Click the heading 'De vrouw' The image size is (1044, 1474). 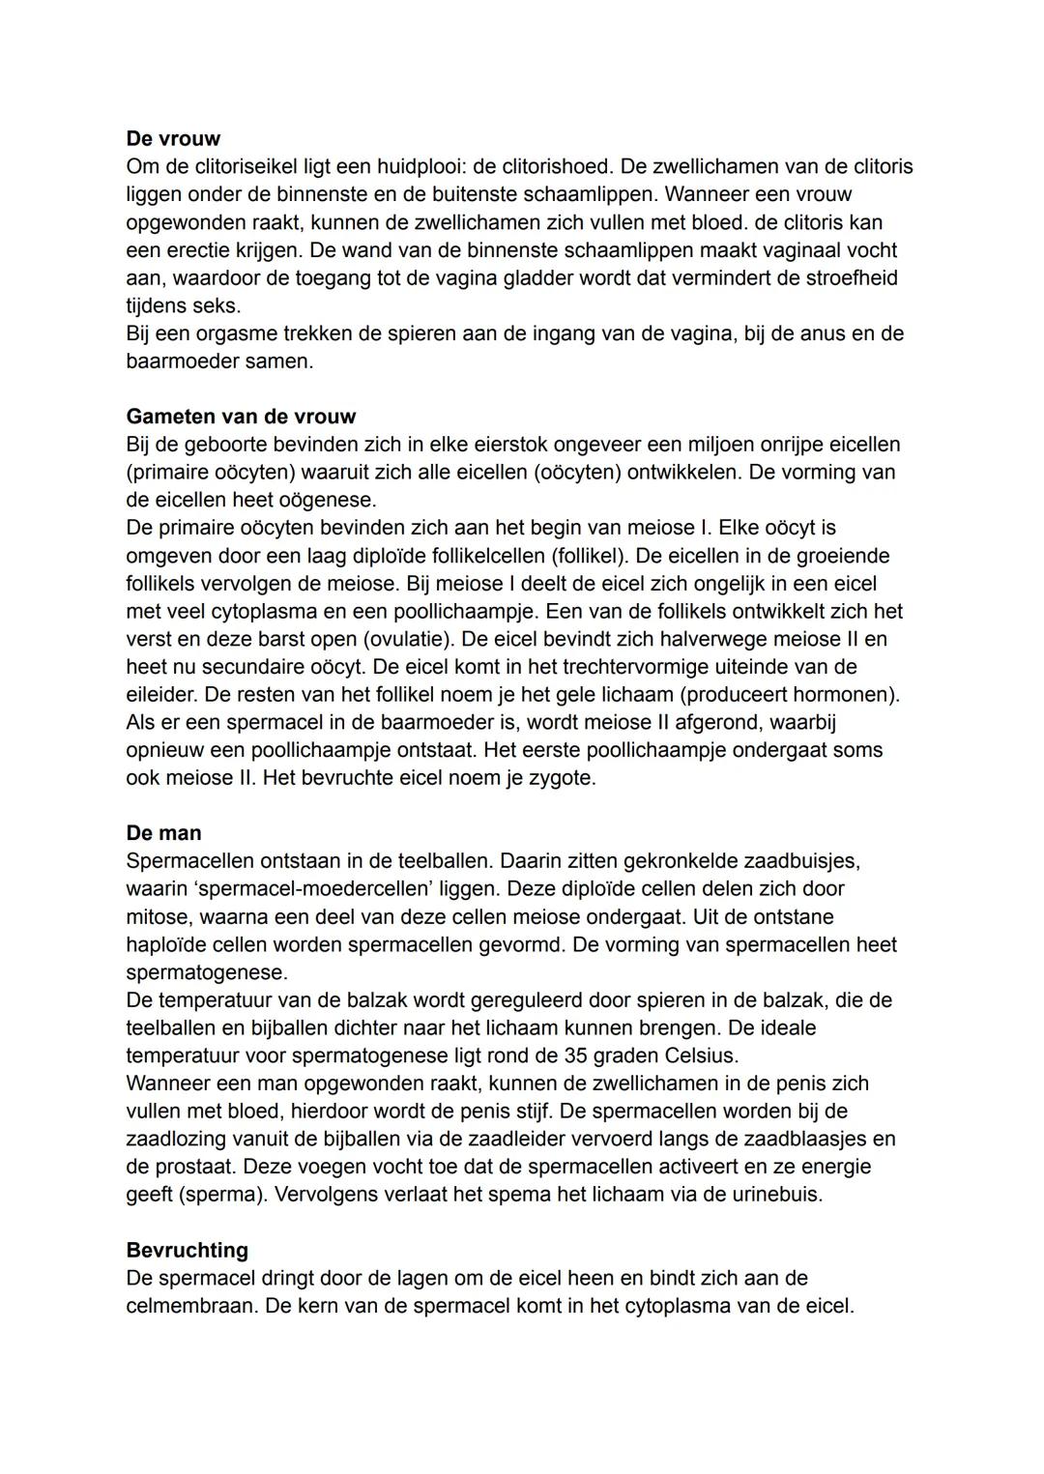173,138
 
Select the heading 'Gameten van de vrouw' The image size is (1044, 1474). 241,417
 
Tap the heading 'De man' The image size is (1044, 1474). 163,833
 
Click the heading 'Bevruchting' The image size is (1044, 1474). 187,1251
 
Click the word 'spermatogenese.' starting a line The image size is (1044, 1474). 207,972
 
